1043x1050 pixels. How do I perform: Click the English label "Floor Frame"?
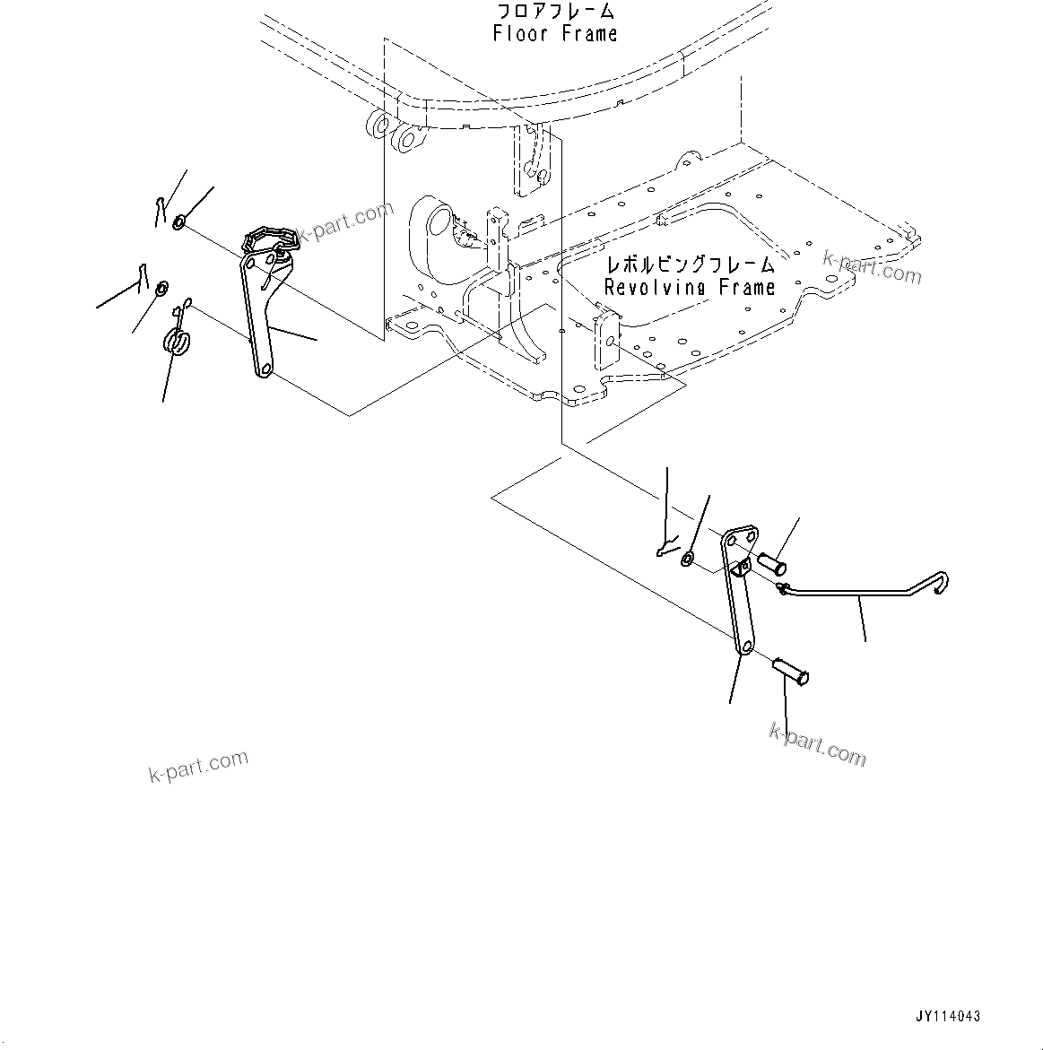555,34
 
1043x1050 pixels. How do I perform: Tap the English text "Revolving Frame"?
689,288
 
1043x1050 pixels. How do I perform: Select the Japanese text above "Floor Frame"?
555,12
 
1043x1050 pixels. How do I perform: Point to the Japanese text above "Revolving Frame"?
689,265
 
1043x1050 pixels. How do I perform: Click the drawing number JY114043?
948,1016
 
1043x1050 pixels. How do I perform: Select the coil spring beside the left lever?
178,342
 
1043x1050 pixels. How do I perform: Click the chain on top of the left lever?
272,238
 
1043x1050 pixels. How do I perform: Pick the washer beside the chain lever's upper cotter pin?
179,221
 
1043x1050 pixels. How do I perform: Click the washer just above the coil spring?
162,288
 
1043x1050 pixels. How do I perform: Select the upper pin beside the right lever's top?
771,565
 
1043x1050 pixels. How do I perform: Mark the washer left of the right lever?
686,560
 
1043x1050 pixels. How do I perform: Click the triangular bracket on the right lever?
741,568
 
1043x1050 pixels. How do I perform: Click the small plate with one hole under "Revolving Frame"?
607,339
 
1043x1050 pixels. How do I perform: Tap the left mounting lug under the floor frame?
378,126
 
